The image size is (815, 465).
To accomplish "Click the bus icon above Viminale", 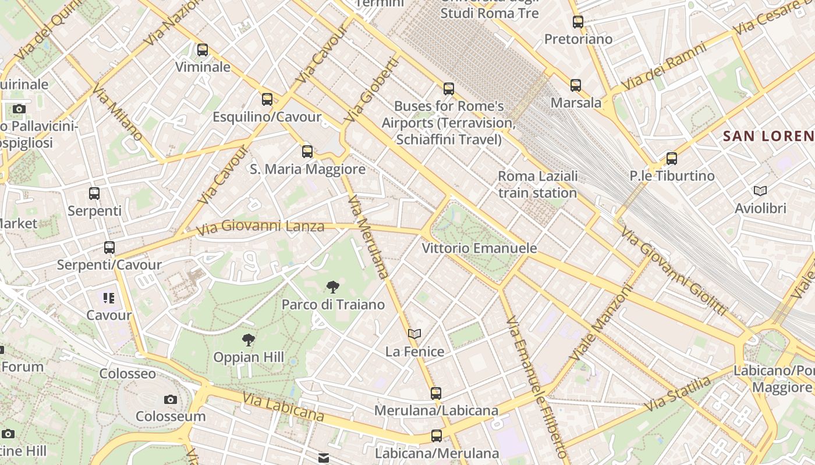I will coord(203,50).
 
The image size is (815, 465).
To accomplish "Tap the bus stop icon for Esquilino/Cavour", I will coord(267,99).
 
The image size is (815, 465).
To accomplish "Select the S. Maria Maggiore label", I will coord(307,169).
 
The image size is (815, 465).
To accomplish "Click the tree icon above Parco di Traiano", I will coord(333,287).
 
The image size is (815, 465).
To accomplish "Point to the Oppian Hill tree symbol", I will coord(249,339).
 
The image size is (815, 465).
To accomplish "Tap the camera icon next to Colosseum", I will coord(171,399).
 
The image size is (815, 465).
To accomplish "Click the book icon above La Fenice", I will coord(414,334).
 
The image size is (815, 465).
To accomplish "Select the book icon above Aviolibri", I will coord(760,191).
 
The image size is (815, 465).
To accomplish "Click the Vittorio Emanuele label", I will coord(479,248).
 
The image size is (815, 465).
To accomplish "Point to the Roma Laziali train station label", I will coord(538,184).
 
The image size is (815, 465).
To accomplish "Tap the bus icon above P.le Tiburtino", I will coord(672,158).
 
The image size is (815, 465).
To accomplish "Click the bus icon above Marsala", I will coord(576,85).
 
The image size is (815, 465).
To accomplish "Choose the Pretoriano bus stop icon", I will coord(578,22).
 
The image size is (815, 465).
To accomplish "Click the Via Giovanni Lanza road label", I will coord(260,227).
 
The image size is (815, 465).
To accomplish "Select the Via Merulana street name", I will coord(367,237).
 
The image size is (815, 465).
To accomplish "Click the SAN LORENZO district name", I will coord(768,136).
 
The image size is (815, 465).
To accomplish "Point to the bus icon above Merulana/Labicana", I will coord(436,393).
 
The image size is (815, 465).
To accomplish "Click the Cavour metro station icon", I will coord(109,298).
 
